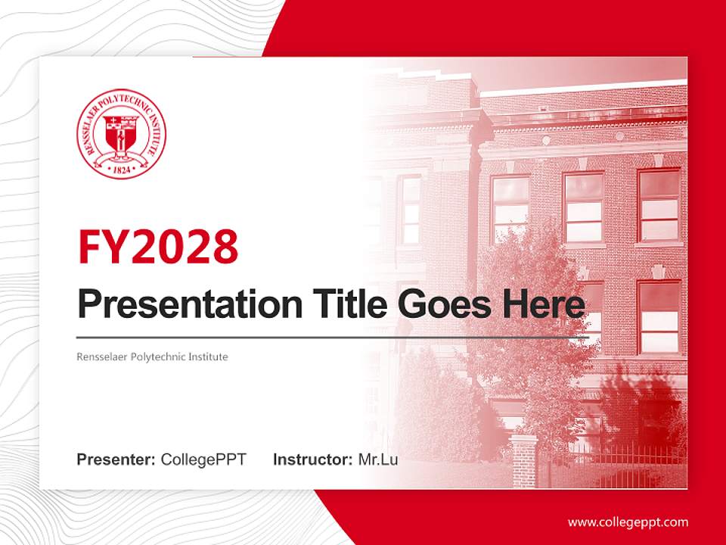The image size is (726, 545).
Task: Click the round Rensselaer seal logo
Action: click(121, 134)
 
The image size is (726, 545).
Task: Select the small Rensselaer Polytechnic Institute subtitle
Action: click(152, 357)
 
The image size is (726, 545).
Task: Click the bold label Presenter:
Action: click(116, 459)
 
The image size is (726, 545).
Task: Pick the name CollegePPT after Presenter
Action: click(203, 459)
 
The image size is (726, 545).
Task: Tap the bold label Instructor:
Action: click(312, 459)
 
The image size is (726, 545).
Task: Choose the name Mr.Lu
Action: click(378, 459)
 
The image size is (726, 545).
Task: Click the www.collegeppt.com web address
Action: click(628, 522)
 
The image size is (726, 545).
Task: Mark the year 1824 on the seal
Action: click(122, 170)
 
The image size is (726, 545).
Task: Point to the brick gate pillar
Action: click(524, 460)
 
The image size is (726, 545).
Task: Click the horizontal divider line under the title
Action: click(333, 336)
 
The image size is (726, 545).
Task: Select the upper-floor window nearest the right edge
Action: click(659, 205)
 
